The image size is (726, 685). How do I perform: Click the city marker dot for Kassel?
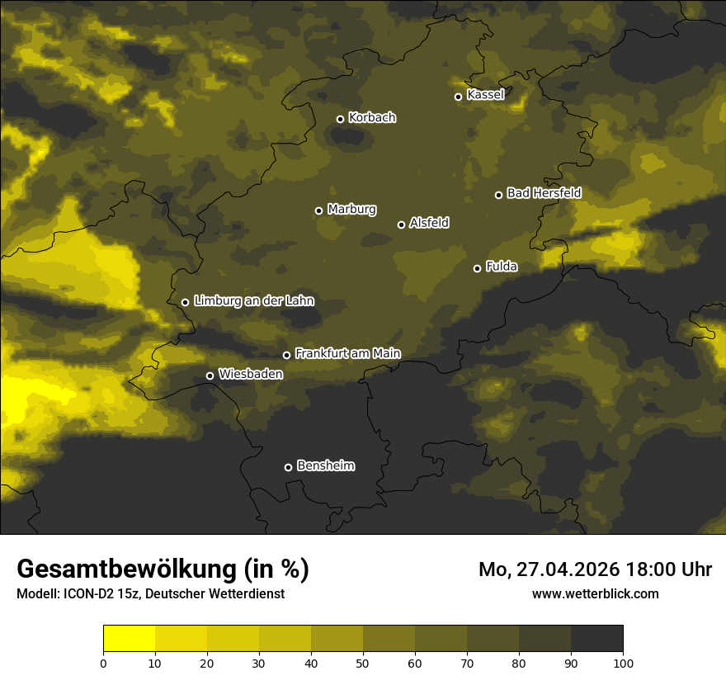tap(458, 97)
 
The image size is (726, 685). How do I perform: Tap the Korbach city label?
tap(372, 118)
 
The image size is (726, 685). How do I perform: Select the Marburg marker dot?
tap(318, 210)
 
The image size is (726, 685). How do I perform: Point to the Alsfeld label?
tap(429, 223)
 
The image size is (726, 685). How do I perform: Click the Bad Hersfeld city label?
tap(544, 193)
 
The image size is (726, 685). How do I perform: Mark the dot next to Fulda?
tap(477, 268)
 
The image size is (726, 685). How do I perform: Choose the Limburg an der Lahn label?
tap(254, 301)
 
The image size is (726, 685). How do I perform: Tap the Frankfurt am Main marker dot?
tap(286, 355)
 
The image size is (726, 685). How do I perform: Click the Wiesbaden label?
tap(251, 375)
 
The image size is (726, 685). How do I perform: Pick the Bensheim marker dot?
tap(288, 467)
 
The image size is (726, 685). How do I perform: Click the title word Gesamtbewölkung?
tap(128, 569)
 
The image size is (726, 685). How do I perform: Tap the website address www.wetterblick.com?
tap(596, 593)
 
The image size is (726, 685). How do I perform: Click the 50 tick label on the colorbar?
tap(363, 663)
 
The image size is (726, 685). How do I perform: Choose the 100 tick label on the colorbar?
tap(623, 663)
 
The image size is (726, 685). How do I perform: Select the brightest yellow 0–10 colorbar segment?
tap(130, 639)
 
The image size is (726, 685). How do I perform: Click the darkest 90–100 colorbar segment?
tap(596, 639)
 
